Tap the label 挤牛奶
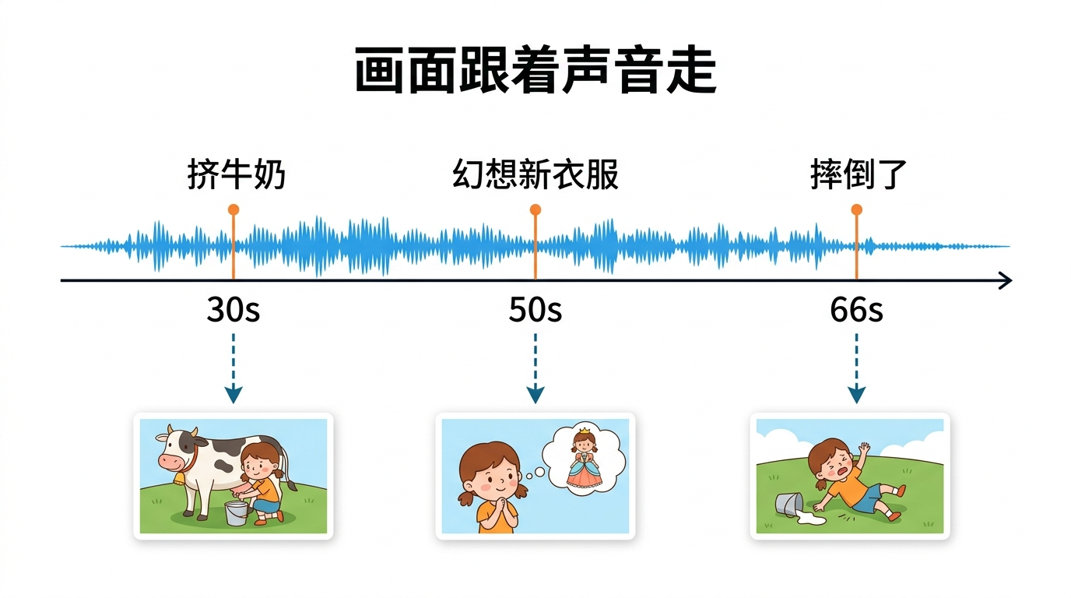point(236,175)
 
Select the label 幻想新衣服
point(535,175)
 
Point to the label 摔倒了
point(859,175)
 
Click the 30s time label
point(234,311)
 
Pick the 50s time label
point(535,311)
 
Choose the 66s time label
point(856,311)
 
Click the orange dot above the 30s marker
point(234,209)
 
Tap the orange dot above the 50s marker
point(535,209)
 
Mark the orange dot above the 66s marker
point(856,209)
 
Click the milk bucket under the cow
point(236,512)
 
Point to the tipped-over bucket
point(788,504)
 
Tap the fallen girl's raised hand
point(863,450)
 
